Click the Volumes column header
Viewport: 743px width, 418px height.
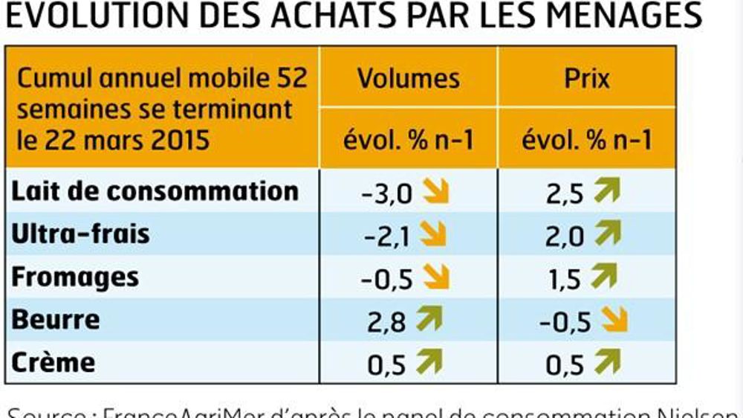408,78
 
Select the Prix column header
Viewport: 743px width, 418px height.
587,78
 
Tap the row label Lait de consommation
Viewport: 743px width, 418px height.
155,191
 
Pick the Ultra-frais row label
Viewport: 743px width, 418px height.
81,234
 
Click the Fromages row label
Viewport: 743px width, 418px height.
75,277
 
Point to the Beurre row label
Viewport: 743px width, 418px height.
56,320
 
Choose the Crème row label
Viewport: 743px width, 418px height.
53,362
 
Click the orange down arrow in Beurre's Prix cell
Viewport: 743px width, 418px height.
615,321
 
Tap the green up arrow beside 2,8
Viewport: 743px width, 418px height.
429,320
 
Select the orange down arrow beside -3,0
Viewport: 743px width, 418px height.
435,192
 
